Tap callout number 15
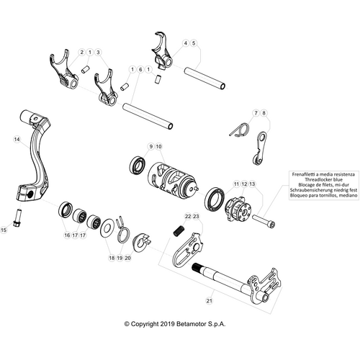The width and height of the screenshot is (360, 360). [5, 230]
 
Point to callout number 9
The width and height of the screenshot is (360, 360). [150, 147]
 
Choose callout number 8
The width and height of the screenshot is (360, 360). [264, 113]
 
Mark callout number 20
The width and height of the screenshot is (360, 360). [129, 257]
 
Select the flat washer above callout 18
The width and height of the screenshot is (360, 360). [107, 227]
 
